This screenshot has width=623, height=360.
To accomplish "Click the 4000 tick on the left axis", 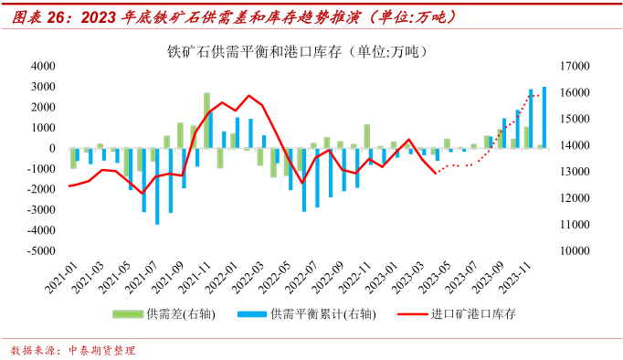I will tap(40, 67).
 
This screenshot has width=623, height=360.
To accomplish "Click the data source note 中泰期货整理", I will tap(100, 350).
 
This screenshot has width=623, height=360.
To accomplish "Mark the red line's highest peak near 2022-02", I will tap(248, 95).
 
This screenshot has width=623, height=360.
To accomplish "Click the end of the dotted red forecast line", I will tap(539, 94).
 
